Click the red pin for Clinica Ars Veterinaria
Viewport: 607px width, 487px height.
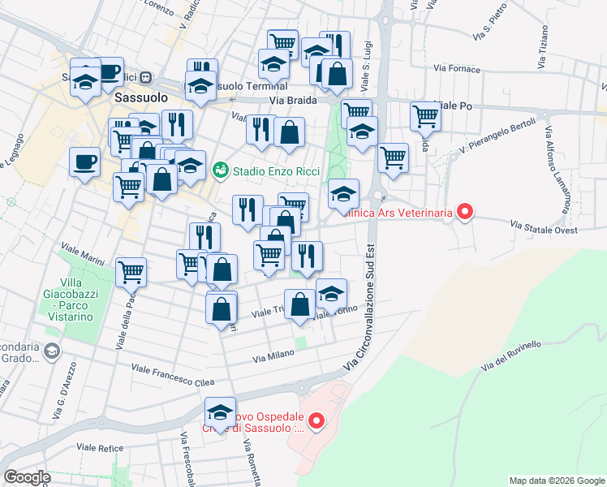[x=465, y=213]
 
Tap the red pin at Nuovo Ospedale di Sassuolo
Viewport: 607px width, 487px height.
[x=316, y=420]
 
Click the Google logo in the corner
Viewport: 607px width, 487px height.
[x=27, y=477]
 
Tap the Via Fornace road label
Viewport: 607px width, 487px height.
[x=457, y=68]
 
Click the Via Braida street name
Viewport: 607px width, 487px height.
[x=293, y=100]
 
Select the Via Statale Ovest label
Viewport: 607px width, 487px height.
[x=543, y=228]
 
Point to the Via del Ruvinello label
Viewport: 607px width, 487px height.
[x=510, y=357]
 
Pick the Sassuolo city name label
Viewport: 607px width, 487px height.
[x=140, y=96]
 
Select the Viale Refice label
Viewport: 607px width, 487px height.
[x=100, y=446]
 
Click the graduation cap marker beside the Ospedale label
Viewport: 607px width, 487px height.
[x=220, y=412]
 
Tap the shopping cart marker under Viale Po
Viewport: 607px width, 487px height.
[x=425, y=116]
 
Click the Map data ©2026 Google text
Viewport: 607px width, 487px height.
[x=556, y=481]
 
